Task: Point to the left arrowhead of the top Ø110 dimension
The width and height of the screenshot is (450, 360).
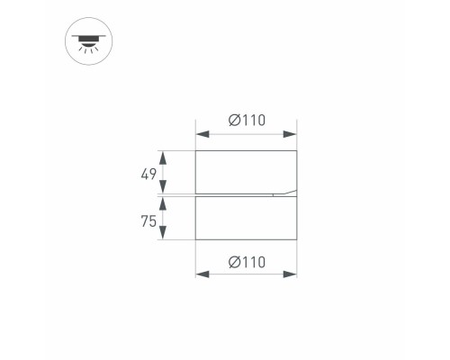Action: pyautogui.click(x=201, y=134)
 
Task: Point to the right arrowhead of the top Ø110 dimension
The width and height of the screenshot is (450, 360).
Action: pyautogui.click(x=292, y=134)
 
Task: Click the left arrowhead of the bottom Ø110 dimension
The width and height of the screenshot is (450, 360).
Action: pyautogui.click(x=201, y=275)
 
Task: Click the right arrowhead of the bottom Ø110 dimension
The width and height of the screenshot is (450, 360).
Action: pyautogui.click(x=292, y=275)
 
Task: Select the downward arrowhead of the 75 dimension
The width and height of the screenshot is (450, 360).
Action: pyautogui.click(x=163, y=236)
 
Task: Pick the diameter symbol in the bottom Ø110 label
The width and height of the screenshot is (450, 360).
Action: pyautogui.click(x=234, y=262)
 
